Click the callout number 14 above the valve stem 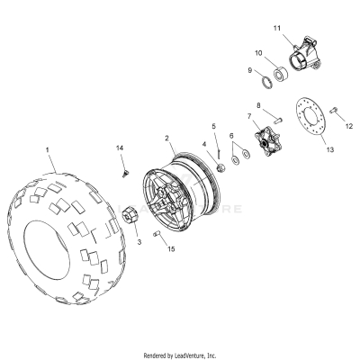121,147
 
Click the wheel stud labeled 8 280,119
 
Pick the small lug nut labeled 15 158,235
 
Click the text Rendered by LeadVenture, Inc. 180,355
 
